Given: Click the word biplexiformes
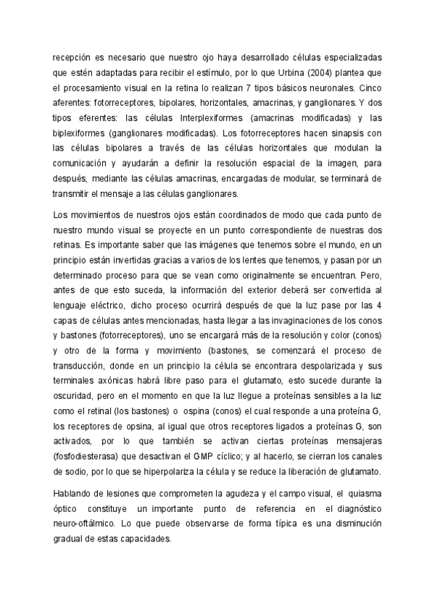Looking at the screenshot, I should [x=82, y=133].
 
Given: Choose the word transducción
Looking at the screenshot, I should [x=81, y=367].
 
